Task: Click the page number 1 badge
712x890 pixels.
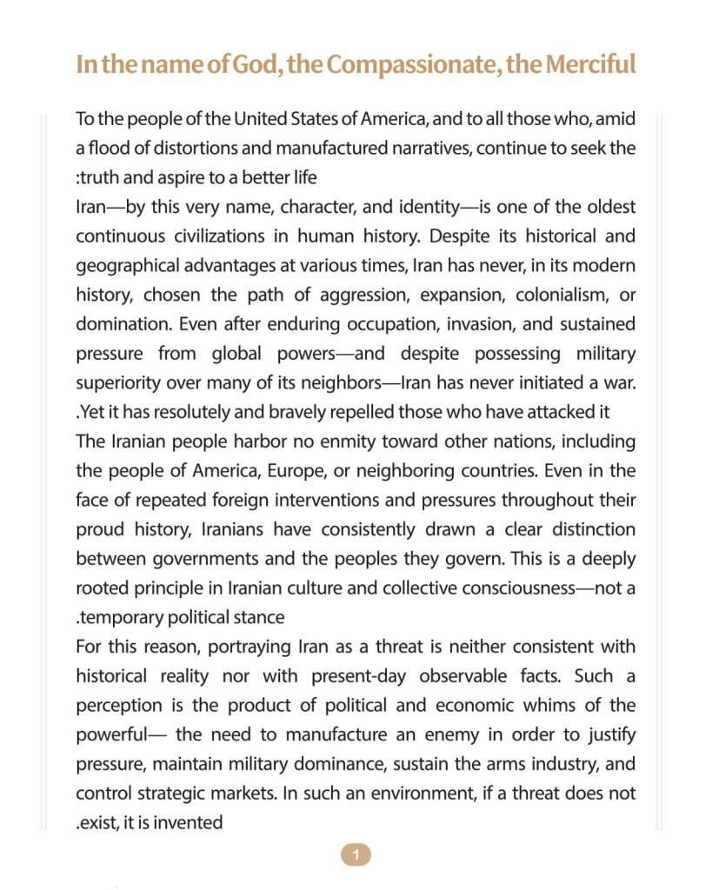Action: [356, 855]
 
